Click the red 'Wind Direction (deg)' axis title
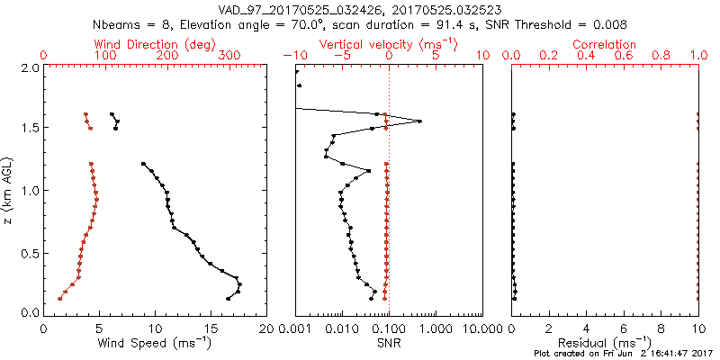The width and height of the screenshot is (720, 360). (x=156, y=44)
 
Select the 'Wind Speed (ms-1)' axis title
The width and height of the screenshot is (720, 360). (x=156, y=343)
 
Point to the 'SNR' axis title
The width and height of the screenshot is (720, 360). (x=389, y=343)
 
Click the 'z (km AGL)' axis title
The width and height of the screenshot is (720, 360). (x=9, y=189)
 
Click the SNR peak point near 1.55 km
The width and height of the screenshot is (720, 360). (x=419, y=121)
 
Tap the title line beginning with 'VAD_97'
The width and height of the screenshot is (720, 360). (x=360, y=10)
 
